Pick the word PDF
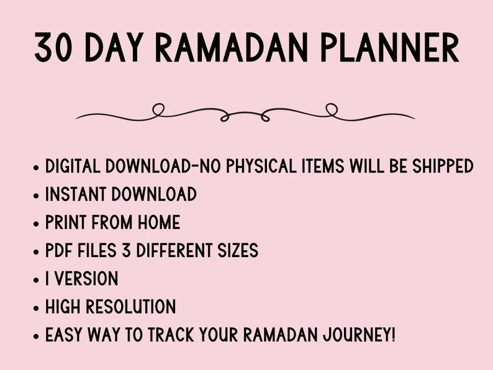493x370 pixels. point(59,250)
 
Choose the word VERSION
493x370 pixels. point(87,279)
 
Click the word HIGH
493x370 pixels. point(65,307)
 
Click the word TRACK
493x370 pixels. point(173,335)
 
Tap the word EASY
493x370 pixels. point(66,335)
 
